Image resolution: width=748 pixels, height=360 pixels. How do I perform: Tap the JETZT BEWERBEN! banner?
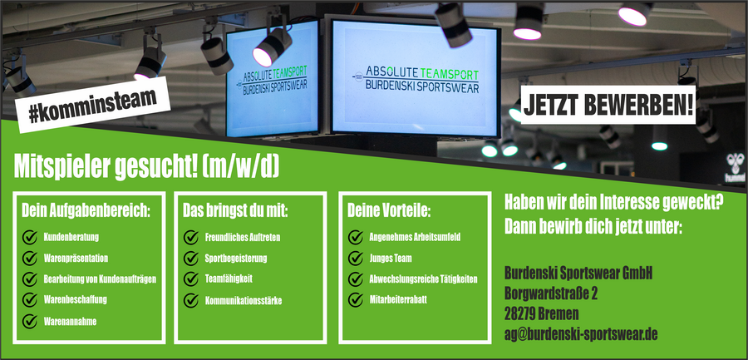pyautogui.click(x=609, y=105)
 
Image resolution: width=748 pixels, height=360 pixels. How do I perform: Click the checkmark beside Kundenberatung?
pyautogui.click(x=30, y=238)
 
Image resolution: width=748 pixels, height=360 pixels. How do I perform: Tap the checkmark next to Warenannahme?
pyautogui.click(x=30, y=320)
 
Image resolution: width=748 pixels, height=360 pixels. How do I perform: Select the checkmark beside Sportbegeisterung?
pyautogui.click(x=190, y=259)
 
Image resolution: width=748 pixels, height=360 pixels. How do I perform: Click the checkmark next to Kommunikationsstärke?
pyautogui.click(x=190, y=299)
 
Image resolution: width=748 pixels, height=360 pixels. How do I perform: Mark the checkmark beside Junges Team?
pyautogui.click(x=355, y=259)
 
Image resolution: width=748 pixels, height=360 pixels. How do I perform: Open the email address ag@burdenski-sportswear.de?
pyautogui.click(x=581, y=334)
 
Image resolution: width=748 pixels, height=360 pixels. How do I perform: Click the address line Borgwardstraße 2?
pyautogui.click(x=551, y=293)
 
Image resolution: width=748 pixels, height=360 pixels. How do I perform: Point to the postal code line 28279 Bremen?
pyautogui.click(x=541, y=313)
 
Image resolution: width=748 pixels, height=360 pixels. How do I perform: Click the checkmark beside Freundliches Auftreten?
pyautogui.click(x=190, y=238)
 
